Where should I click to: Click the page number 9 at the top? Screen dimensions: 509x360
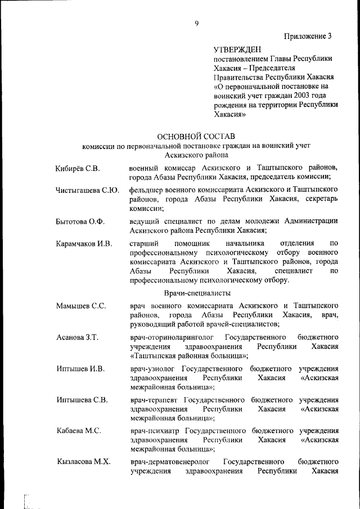point(196,23)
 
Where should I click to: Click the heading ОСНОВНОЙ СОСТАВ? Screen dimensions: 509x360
point(196,136)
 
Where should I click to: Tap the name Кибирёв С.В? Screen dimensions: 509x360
point(78,168)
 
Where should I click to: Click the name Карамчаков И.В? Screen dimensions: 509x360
point(84,244)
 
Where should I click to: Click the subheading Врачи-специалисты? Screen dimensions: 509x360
point(197,293)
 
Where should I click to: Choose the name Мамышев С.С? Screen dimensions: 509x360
point(81,306)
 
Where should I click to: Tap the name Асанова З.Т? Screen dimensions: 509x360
point(78,337)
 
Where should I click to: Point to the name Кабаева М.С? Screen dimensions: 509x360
point(79,431)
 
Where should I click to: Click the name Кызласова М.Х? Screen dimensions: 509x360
point(83,462)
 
